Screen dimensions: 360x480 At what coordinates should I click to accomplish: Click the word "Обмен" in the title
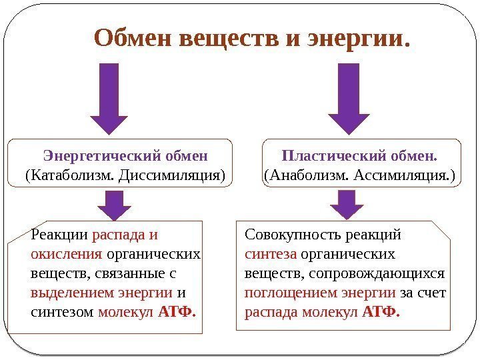pos(133,39)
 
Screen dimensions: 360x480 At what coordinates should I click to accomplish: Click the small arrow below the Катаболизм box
pos(115,205)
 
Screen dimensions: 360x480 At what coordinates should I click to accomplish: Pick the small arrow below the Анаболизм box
pos(347,205)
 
